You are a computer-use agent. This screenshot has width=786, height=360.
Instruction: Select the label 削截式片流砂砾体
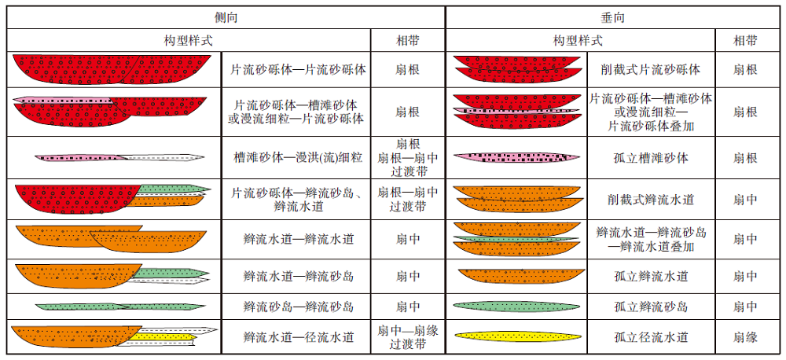[651, 69]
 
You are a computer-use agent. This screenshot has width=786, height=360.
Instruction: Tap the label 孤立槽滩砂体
[651, 158]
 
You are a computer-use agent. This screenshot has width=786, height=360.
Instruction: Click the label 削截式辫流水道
[651, 200]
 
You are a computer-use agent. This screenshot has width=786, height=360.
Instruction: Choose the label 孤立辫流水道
[651, 276]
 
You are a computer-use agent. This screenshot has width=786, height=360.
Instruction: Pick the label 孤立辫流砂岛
[651, 307]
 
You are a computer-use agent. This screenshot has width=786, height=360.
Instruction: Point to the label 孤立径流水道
[651, 337]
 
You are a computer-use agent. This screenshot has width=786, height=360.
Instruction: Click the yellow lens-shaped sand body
[518, 336]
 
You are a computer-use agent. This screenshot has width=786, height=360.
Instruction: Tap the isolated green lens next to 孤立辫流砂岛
[516, 305]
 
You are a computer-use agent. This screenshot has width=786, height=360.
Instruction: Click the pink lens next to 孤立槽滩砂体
[516, 157]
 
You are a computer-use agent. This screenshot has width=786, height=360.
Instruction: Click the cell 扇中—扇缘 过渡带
[407, 337]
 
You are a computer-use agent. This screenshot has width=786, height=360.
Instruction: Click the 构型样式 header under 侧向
[189, 41]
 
